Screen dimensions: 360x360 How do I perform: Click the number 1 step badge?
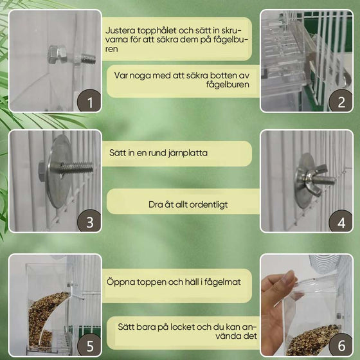[90, 102]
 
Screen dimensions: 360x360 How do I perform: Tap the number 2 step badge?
[341, 102]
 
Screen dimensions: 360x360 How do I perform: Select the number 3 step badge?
[90, 221]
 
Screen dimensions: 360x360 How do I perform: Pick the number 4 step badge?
[341, 221]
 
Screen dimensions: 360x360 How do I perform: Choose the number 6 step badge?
[341, 345]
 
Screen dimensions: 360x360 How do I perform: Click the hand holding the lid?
[275, 309]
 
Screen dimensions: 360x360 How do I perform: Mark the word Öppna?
[123, 283]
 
